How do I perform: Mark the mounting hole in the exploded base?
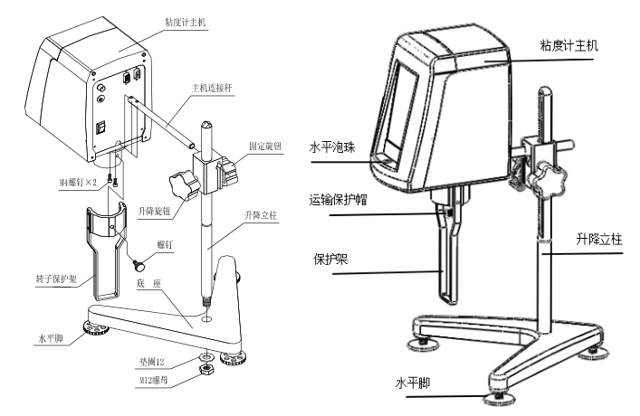pyautogui.click(x=206, y=318)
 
